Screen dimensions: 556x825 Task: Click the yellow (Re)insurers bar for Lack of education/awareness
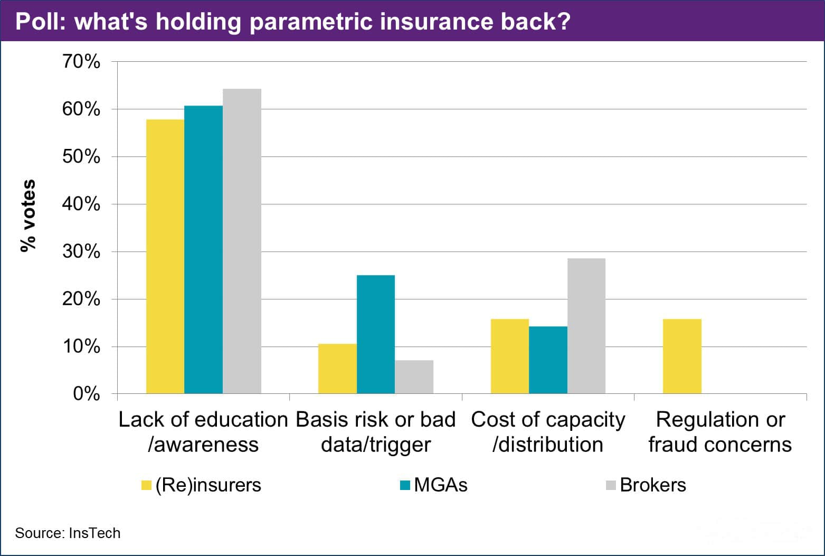(x=165, y=257)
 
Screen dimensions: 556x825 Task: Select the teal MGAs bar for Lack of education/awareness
(x=203, y=250)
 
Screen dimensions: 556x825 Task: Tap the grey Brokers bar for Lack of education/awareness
(x=242, y=241)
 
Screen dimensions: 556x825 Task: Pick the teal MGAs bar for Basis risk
(x=375, y=334)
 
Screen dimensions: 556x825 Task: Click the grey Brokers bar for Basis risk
(x=414, y=377)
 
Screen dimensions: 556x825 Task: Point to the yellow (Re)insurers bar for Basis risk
(x=337, y=369)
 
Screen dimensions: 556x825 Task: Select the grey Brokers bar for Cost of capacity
(x=586, y=326)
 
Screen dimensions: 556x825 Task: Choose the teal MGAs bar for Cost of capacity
(x=548, y=360)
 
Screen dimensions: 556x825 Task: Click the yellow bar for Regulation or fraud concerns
(x=682, y=356)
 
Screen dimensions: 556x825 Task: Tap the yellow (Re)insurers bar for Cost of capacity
(x=509, y=356)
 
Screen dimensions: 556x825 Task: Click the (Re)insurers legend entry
(x=202, y=485)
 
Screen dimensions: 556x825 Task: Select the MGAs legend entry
(x=434, y=485)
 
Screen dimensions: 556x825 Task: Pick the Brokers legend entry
(x=646, y=485)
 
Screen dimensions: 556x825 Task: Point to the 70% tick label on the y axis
(x=81, y=62)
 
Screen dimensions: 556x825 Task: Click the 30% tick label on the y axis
(x=81, y=251)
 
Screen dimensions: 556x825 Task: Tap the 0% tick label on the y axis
(x=87, y=394)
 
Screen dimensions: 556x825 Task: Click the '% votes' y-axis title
(x=28, y=215)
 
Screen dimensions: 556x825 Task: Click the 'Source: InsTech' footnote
(x=68, y=533)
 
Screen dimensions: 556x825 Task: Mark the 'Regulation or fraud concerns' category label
(x=720, y=432)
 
